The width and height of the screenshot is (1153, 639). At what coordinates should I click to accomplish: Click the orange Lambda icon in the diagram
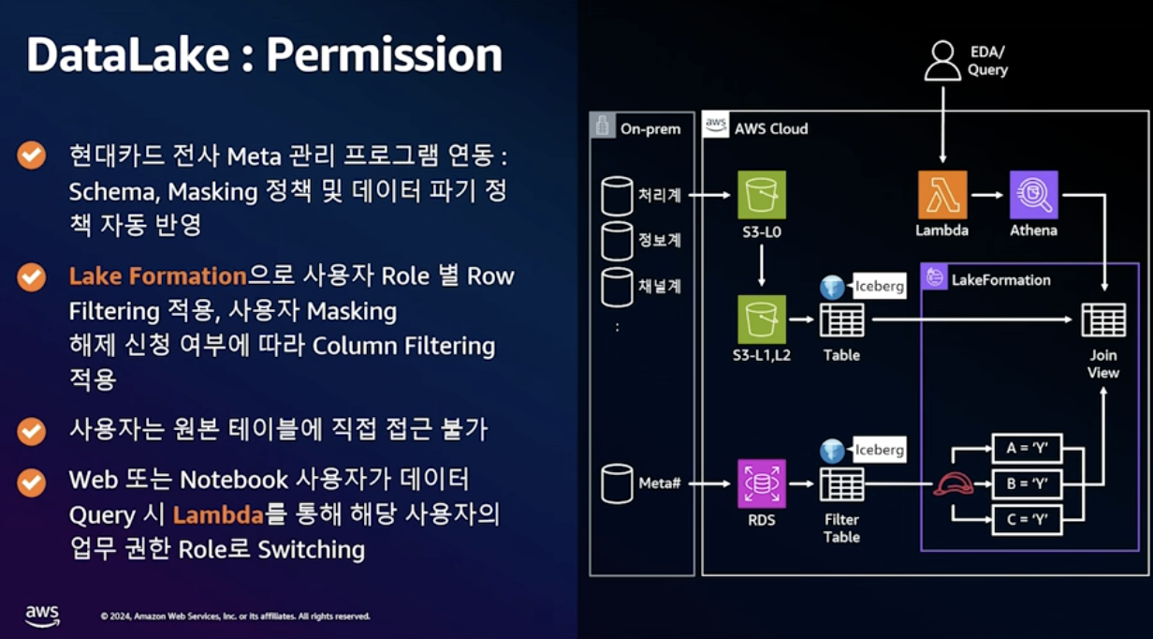click(941, 195)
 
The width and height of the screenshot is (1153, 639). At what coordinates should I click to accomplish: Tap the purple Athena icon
click(1033, 195)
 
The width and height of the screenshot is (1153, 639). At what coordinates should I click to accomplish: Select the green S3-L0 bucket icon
click(761, 195)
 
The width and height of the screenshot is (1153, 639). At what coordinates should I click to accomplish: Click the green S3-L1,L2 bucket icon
click(761, 319)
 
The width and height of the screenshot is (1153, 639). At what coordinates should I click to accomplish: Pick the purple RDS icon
click(761, 483)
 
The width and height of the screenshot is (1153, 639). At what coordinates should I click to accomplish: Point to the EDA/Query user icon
click(942, 61)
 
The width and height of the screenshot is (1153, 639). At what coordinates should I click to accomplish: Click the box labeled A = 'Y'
click(1026, 448)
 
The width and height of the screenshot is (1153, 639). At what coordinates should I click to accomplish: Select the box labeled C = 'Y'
click(1026, 519)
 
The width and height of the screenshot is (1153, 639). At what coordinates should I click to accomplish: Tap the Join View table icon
click(1103, 319)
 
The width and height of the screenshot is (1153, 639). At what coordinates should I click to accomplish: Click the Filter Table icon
click(841, 483)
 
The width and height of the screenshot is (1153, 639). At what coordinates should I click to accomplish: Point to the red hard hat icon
click(953, 483)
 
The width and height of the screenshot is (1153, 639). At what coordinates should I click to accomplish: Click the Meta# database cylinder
click(617, 483)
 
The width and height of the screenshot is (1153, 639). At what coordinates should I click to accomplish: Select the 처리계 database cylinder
click(617, 195)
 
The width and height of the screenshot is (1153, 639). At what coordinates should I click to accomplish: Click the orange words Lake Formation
click(157, 276)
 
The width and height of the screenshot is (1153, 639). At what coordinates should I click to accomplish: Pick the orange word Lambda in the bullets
click(217, 514)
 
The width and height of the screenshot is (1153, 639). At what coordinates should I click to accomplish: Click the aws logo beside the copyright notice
click(42, 615)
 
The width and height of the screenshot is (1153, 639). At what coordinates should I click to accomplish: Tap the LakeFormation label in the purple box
click(1000, 279)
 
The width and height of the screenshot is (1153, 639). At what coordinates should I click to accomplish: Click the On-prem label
click(650, 128)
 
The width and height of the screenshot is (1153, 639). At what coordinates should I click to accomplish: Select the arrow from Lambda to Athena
click(987, 195)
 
